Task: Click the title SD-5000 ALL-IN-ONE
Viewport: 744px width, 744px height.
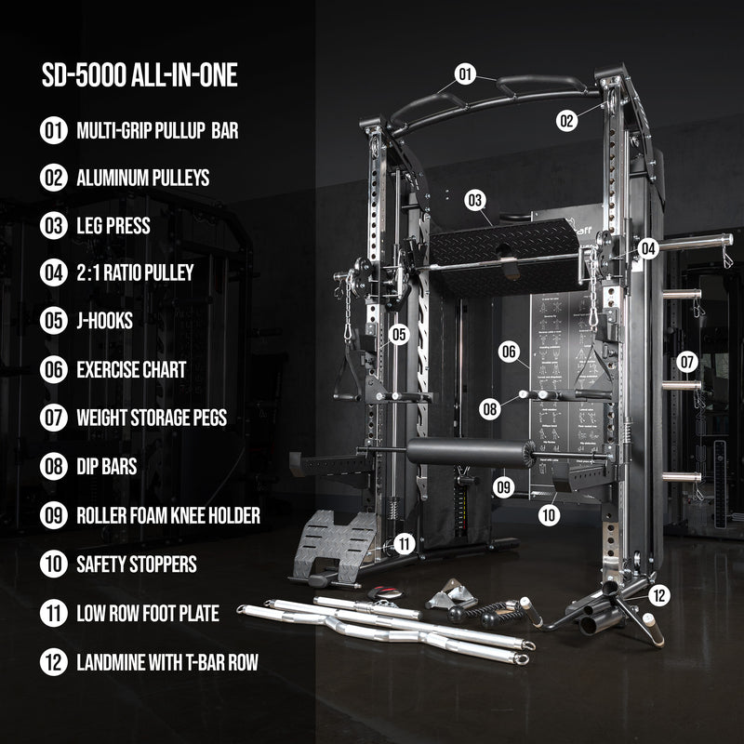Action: click(139, 75)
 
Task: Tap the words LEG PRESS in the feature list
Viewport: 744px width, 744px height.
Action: click(113, 225)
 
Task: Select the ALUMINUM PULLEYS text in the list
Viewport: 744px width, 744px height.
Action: click(142, 177)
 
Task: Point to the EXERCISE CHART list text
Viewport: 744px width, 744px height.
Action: click(131, 369)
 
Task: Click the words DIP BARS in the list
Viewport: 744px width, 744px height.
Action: click(107, 466)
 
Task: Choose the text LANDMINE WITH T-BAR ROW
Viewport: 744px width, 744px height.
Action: click(167, 662)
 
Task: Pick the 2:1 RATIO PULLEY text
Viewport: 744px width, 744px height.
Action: click(135, 272)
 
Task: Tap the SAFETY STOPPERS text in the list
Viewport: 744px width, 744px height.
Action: click(137, 563)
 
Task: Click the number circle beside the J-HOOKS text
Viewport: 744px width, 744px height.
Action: click(53, 321)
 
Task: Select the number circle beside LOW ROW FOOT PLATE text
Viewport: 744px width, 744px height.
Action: click(53, 612)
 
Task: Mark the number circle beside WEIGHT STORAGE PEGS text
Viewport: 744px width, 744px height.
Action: click(53, 418)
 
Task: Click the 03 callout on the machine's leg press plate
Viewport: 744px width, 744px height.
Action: click(476, 200)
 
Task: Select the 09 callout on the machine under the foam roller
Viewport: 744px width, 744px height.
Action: click(504, 485)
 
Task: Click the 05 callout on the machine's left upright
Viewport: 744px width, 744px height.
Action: click(399, 334)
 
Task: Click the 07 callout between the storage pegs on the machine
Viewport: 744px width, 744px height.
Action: click(686, 361)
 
